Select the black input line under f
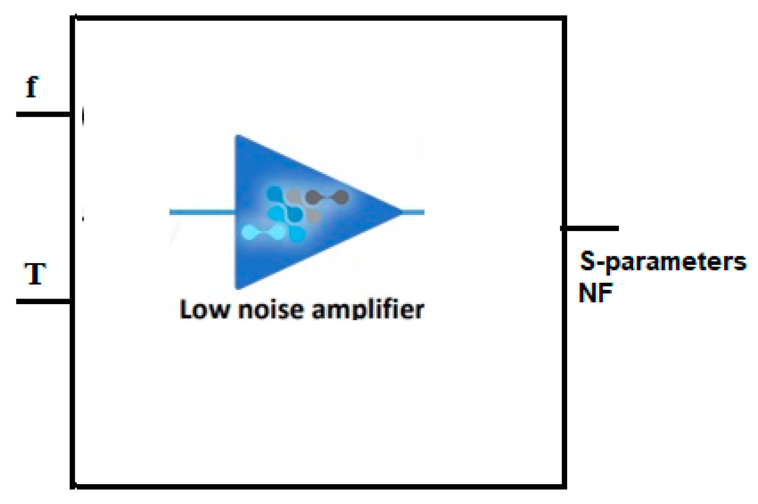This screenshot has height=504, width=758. [x=43, y=114]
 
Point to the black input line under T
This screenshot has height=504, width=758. [x=43, y=301]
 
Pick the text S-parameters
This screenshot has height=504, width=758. [x=663, y=262]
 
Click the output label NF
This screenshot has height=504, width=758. [x=595, y=293]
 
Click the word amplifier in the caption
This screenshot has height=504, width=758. [x=368, y=310]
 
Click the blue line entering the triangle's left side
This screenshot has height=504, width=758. [x=202, y=212]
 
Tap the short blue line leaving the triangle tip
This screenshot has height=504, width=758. [x=414, y=212]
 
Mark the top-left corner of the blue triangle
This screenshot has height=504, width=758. [x=237, y=137]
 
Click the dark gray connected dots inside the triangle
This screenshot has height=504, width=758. [x=326, y=197]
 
